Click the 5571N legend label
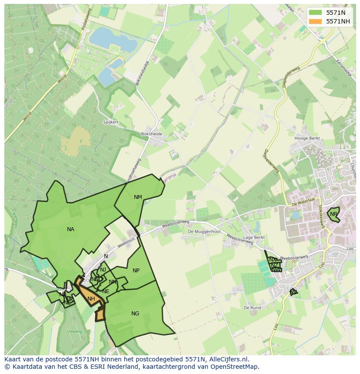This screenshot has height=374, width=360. [x=336, y=13]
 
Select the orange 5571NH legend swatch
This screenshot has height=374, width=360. [x=316, y=21]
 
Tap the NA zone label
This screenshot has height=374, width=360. [x=70, y=229]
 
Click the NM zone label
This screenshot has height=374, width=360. [x=138, y=197]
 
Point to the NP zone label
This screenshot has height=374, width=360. [x=136, y=271]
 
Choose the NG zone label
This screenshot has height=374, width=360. [x=135, y=314]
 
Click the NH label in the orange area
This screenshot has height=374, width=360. [x=91, y=299]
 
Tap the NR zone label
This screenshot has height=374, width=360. [x=333, y=214]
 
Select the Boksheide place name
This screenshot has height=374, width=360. [x=152, y=134]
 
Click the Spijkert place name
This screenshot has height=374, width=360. [x=111, y=122]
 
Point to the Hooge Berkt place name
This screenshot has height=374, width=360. [x=307, y=139]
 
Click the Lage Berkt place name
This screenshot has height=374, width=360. [x=254, y=238]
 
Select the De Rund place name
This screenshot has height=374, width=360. [x=252, y=308]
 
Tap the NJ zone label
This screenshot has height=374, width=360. [x=103, y=270]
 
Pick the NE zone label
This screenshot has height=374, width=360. [x=106, y=291]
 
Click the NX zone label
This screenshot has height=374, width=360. [x=273, y=260]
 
